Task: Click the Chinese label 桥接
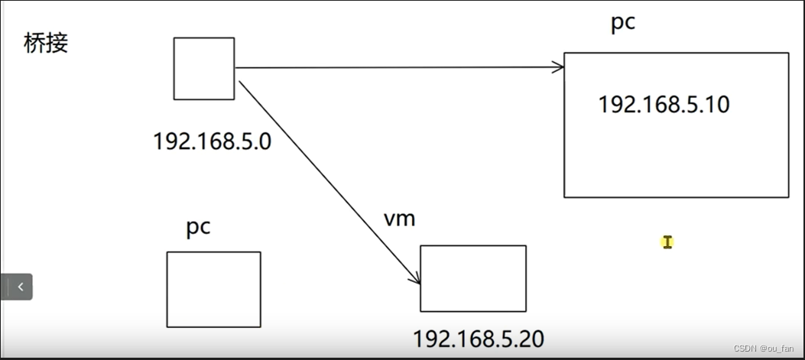tap(47, 44)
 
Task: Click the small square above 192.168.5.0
tap(203, 68)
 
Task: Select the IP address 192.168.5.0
tap(212, 141)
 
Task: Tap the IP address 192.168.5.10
tap(664, 105)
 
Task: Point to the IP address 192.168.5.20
tap(479, 339)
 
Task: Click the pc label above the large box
tap(622, 23)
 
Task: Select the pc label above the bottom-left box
tap(198, 228)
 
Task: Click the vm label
tap(399, 219)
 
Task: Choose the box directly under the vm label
tap(473, 278)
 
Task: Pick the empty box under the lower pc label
tap(214, 289)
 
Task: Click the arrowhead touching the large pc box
tap(559, 67)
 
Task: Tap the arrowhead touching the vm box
tap(415, 280)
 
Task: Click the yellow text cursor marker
tap(667, 242)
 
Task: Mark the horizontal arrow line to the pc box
tap(398, 68)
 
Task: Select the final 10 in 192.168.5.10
tap(718, 105)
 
